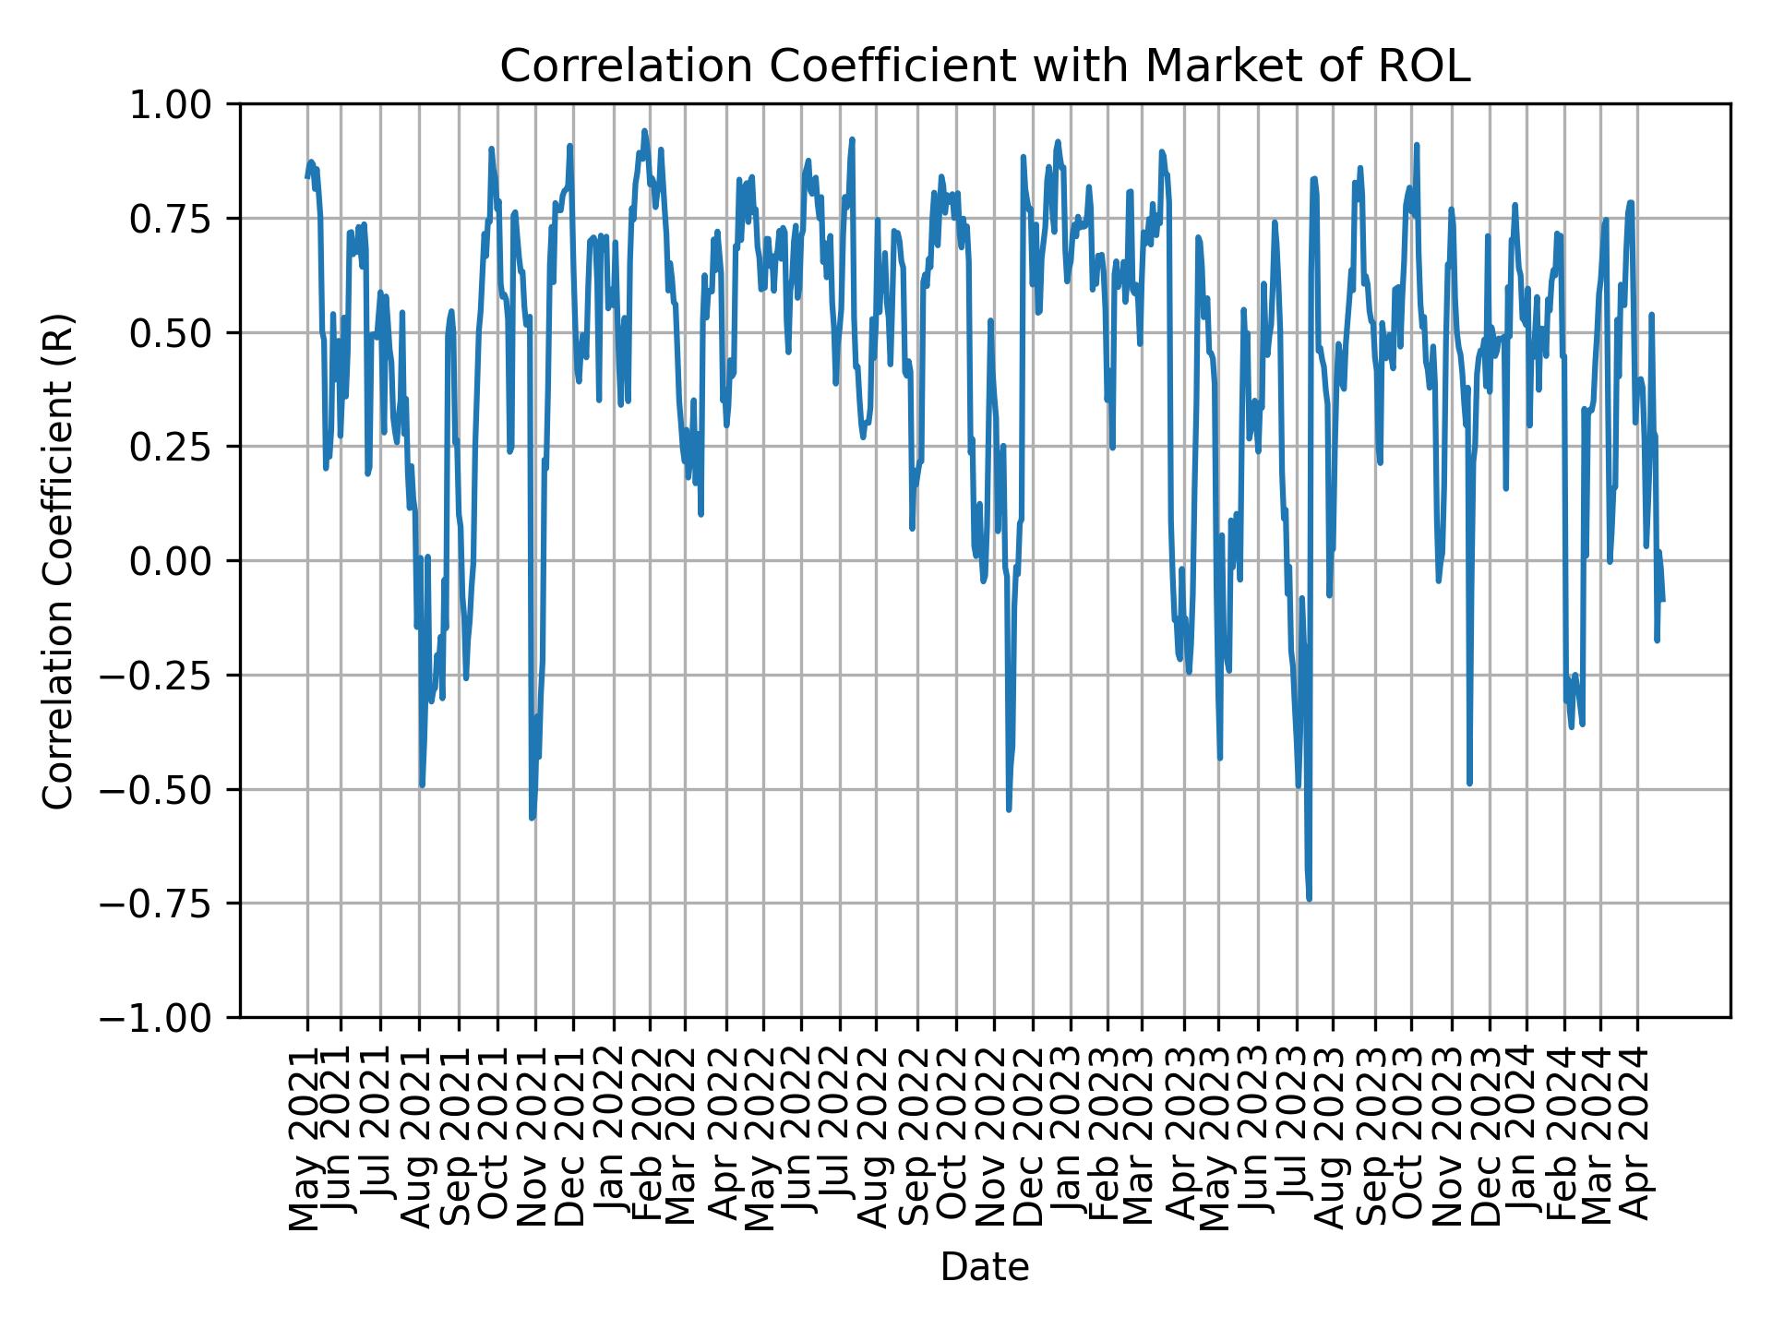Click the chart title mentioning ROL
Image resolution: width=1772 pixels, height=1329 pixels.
tap(984, 66)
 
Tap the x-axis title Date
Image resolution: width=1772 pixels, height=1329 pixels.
tap(984, 1267)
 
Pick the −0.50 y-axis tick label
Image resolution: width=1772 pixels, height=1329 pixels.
tap(163, 789)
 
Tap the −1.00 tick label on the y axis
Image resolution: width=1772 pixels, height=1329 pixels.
tap(163, 1018)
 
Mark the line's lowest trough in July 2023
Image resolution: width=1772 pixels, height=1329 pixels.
tap(1309, 899)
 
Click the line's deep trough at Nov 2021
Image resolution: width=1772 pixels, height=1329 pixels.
tap(532, 818)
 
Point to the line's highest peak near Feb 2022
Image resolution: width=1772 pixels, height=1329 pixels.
tap(644, 130)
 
